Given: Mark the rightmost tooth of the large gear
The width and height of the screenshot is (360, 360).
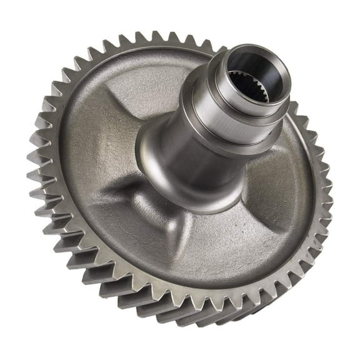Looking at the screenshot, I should (327, 206).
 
